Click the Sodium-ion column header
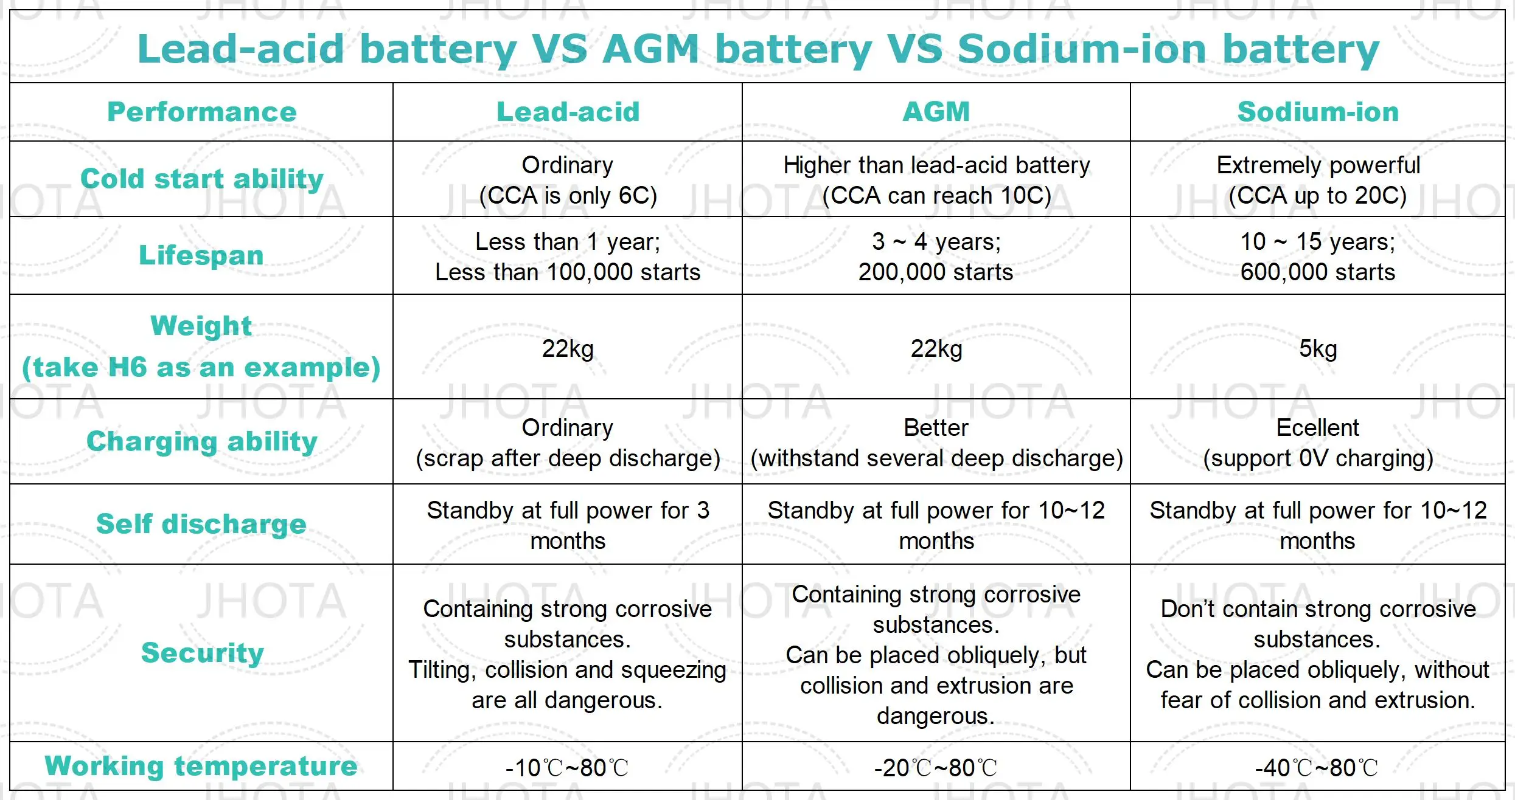point(1318,112)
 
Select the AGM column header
point(936,112)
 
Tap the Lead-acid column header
point(568,112)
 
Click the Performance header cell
point(201,112)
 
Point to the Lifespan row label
point(201,255)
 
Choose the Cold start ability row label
point(201,179)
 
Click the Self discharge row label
point(201,524)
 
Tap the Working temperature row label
point(201,766)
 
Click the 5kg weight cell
point(1318,349)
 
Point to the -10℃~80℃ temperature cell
point(567,768)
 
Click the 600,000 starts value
point(1318,272)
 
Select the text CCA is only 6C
point(568,196)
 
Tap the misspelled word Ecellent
point(1317,428)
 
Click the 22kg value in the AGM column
point(936,349)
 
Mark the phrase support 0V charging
point(1318,458)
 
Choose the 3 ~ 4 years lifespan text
point(936,242)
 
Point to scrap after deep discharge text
point(568,458)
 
